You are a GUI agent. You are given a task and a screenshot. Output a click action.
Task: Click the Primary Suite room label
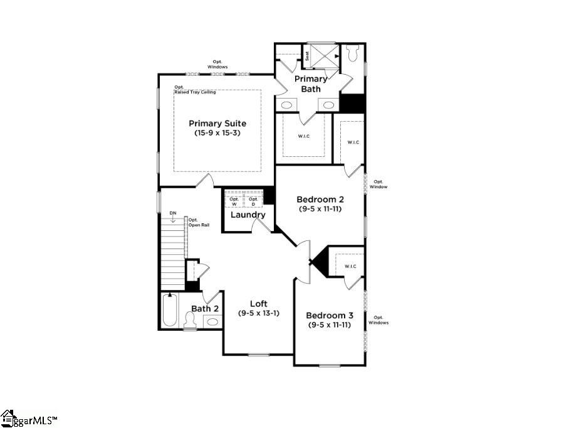(x=217, y=124)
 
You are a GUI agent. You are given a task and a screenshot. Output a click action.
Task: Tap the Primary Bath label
(x=311, y=83)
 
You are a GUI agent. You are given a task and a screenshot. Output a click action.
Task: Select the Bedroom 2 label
(x=320, y=200)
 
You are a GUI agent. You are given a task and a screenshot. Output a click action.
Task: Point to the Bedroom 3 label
(x=329, y=315)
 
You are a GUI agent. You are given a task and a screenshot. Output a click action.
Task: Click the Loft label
(x=259, y=304)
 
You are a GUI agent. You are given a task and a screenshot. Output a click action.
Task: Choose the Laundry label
(x=248, y=215)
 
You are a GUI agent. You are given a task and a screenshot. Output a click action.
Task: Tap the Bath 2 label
(x=205, y=308)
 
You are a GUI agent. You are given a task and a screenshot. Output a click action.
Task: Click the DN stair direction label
(x=173, y=213)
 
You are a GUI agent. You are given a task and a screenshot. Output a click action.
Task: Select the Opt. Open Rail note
(x=198, y=222)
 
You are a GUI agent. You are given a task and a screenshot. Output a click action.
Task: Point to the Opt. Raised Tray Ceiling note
(x=195, y=90)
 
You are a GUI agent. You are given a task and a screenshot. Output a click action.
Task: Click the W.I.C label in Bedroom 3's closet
(x=350, y=267)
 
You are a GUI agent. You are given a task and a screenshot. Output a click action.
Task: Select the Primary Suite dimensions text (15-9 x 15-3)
(x=217, y=133)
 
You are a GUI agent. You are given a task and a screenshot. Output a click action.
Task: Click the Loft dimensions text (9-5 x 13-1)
(x=259, y=313)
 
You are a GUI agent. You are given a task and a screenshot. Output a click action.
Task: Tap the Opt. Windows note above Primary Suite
(x=217, y=64)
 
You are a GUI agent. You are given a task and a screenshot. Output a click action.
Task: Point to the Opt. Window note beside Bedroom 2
(x=378, y=185)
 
